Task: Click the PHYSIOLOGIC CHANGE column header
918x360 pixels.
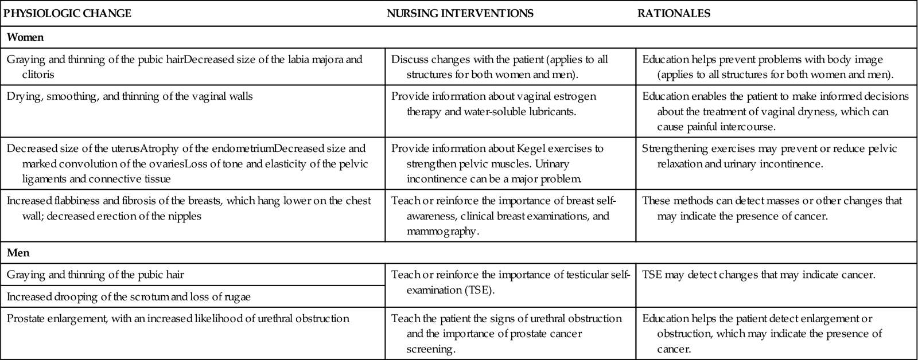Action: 67,14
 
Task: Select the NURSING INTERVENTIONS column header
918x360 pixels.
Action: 460,14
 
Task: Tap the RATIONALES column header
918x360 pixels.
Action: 674,14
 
